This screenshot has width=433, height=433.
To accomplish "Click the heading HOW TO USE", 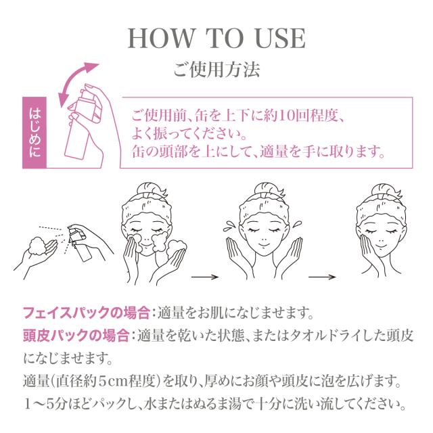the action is pos(216,38).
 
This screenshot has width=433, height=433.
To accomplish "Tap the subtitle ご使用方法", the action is pos(216,69).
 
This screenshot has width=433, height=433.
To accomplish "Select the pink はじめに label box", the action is pos(35,133).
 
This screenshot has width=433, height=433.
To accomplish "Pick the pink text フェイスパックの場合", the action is pos(87,313).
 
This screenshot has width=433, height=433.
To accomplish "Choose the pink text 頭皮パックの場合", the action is pos(76,336).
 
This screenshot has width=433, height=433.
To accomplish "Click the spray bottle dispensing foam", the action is pos(80,243).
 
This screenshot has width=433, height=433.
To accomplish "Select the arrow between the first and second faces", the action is pos(205,277).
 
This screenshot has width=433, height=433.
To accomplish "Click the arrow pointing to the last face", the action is pos(322,277).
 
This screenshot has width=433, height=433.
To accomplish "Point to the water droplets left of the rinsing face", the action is pos(229,226).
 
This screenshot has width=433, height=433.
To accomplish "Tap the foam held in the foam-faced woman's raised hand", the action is pos(177,246).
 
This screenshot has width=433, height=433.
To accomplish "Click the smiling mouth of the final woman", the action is pos(382,246).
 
